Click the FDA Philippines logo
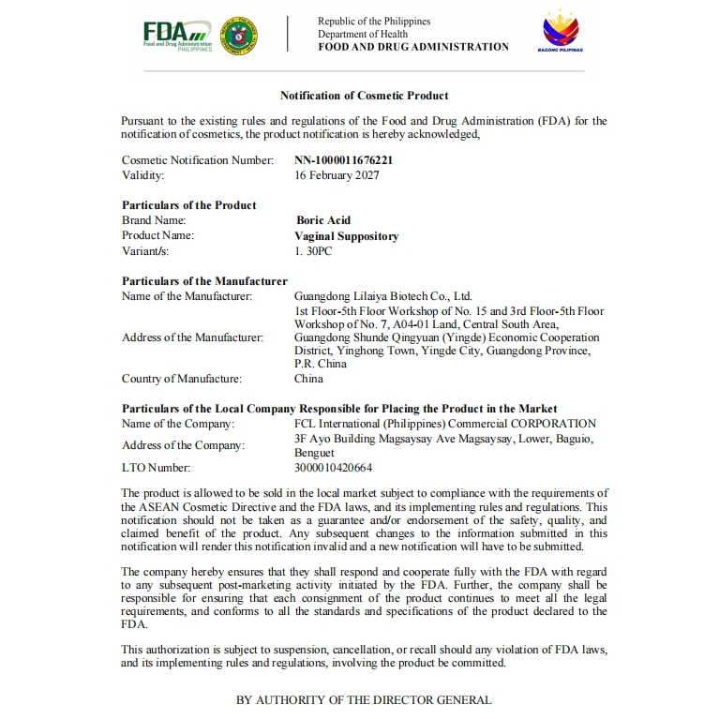click(177, 35)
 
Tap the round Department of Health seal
click(241, 35)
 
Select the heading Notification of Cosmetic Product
click(364, 96)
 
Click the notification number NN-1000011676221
click(343, 160)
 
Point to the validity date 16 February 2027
click(337, 175)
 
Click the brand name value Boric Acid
click(323, 221)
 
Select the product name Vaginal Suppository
click(347, 236)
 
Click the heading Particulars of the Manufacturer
click(204, 281)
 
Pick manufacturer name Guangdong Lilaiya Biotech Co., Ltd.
click(383, 296)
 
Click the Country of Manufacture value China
click(308, 379)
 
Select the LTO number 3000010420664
click(333, 468)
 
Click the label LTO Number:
click(156, 468)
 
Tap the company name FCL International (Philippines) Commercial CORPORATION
click(444, 424)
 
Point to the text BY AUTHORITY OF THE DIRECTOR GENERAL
click(364, 700)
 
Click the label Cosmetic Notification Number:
click(198, 160)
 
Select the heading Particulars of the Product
click(189, 205)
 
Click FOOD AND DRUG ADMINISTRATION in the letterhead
click(413, 47)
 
